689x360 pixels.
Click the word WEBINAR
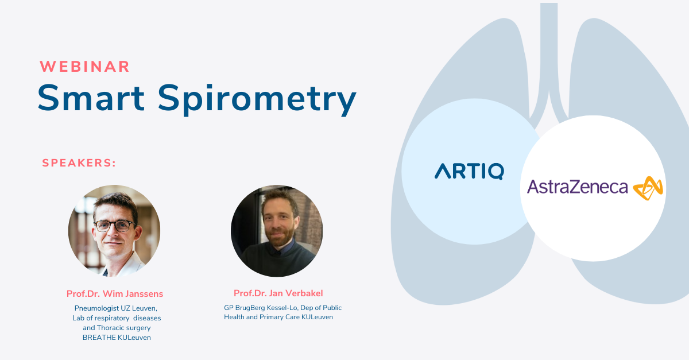pyautogui.click(x=84, y=67)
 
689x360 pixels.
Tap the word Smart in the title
pyautogui.click(x=91, y=98)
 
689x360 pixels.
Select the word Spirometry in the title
pyautogui.click(x=257, y=99)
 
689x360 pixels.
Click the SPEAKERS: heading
pyautogui.click(x=79, y=162)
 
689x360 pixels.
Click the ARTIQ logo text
pyautogui.click(x=470, y=171)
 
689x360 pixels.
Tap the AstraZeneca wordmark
pyautogui.click(x=578, y=187)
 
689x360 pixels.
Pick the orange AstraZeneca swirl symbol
pyautogui.click(x=648, y=188)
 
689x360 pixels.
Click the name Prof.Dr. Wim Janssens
pyautogui.click(x=115, y=293)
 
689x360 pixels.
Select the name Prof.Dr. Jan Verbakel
pyautogui.click(x=278, y=293)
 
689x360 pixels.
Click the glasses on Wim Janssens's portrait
pyautogui.click(x=115, y=226)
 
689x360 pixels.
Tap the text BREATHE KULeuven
pyautogui.click(x=117, y=338)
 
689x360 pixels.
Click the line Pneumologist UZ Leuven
pyautogui.click(x=116, y=308)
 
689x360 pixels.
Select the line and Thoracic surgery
pyautogui.click(x=117, y=328)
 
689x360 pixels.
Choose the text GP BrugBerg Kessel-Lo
pyautogui.click(x=261, y=308)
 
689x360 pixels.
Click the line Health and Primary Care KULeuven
pyautogui.click(x=278, y=317)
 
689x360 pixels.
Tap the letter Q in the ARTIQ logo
pyautogui.click(x=496, y=171)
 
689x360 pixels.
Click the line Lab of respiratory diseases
pyautogui.click(x=117, y=318)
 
